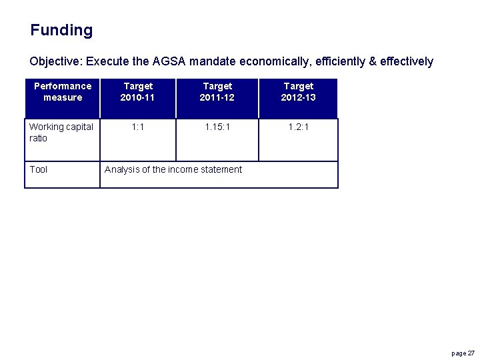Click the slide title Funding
click(x=61, y=30)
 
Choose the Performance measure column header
click(x=63, y=92)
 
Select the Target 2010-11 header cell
click(x=138, y=92)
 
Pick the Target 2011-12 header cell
click(x=217, y=92)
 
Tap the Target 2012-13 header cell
click(x=298, y=92)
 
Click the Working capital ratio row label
click(x=61, y=132)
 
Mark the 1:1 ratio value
click(x=138, y=127)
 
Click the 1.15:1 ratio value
click(x=217, y=127)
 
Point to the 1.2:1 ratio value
click(x=298, y=127)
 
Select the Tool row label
click(x=39, y=169)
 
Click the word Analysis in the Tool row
click(x=121, y=169)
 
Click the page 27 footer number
click(x=463, y=353)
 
